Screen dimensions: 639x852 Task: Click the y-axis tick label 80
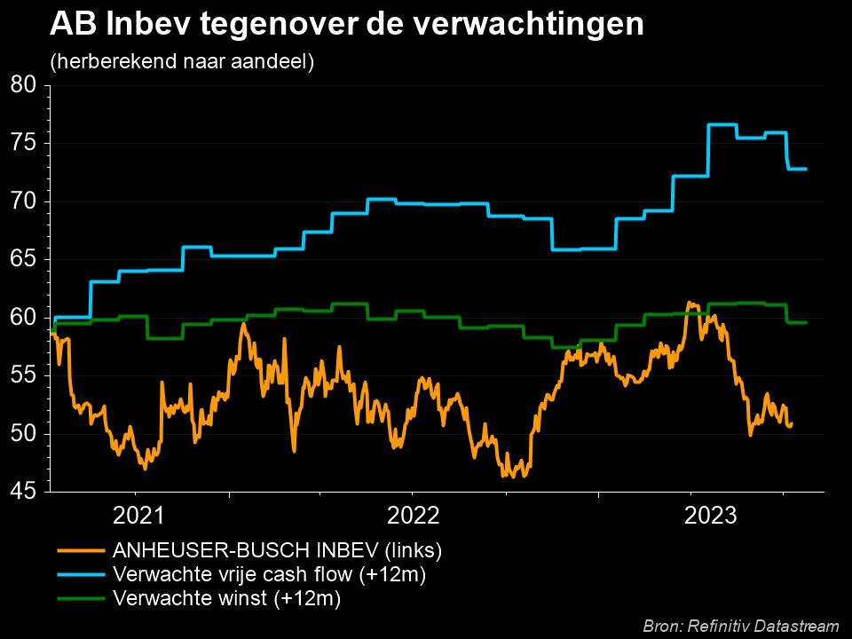(24, 85)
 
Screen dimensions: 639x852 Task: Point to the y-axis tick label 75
(24, 143)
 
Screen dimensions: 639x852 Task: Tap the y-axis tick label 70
(24, 201)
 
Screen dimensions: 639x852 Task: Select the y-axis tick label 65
(24, 259)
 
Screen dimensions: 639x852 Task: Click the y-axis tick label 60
(24, 318)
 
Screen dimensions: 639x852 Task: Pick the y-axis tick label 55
(24, 375)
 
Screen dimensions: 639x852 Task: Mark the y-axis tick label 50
(24, 434)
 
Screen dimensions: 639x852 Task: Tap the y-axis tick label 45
(24, 491)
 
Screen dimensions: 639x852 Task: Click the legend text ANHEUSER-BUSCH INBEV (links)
(277, 550)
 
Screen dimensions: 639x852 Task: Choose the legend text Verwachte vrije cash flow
(270, 574)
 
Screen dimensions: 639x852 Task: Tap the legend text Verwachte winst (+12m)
(227, 599)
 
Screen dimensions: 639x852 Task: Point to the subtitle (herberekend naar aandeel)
(182, 62)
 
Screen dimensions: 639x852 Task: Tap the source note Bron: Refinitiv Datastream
(740, 626)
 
